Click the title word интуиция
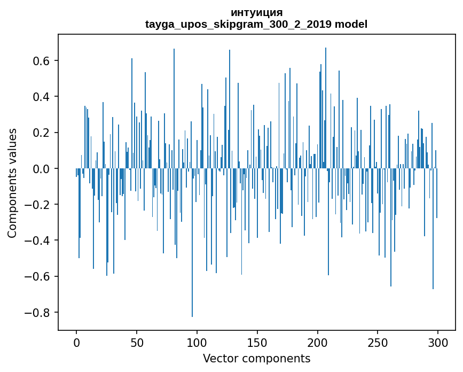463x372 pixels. [x=256, y=12]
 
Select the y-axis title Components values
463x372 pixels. [x=12, y=183]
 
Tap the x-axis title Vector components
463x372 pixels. [x=256, y=358]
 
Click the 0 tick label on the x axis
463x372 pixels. [x=76, y=342]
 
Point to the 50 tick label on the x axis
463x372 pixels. [x=137, y=342]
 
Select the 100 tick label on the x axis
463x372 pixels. [x=197, y=342]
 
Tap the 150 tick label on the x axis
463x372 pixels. [x=257, y=342]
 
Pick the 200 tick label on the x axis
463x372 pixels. [x=317, y=342]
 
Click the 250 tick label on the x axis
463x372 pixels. [x=378, y=342]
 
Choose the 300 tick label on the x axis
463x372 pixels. [x=438, y=342]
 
